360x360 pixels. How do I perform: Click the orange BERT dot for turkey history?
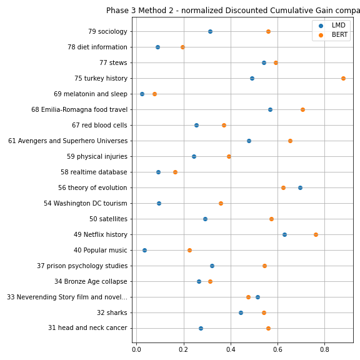coord(343,79)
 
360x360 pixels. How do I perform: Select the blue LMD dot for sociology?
coord(210,31)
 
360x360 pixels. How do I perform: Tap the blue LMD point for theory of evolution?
coord(300,187)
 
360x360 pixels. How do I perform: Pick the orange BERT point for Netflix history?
coord(316,234)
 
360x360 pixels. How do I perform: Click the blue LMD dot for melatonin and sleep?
coord(142,94)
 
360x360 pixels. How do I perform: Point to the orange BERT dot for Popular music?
coord(189,250)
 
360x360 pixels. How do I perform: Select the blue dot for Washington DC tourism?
coord(159,203)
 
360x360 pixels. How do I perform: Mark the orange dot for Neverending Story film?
coord(248,297)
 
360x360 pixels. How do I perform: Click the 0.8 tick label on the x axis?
coord(324,349)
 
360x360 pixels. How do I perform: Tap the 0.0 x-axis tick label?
coord(137,349)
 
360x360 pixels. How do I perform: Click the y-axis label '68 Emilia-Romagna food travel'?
coord(79,110)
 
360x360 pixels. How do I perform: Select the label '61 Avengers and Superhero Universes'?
coord(68,141)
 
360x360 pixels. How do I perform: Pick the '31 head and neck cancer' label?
coord(87,328)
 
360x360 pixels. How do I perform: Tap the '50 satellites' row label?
coord(108,219)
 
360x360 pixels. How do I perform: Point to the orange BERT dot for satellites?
coord(271,219)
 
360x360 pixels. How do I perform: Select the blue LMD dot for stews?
coord(264,63)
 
